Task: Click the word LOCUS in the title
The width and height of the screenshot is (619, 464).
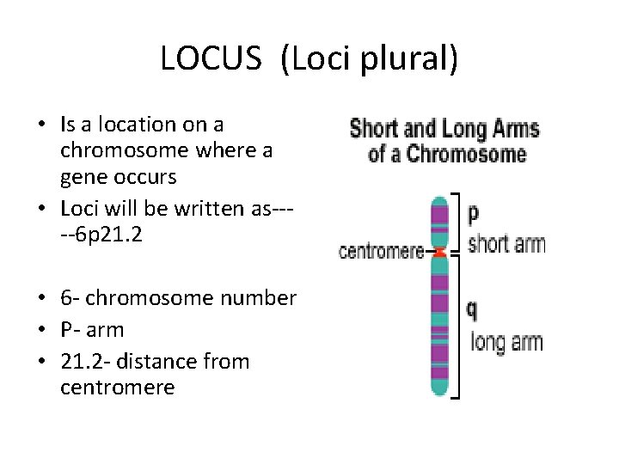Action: [x=210, y=58]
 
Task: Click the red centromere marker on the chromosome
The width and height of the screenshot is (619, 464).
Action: [x=439, y=253]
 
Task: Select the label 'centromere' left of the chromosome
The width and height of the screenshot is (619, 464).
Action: [x=382, y=252]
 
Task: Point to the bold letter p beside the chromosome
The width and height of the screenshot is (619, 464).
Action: [x=473, y=212]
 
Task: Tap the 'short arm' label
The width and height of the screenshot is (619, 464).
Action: [x=506, y=244]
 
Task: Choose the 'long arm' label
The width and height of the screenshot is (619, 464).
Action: [x=507, y=342]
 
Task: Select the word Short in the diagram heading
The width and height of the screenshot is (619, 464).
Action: [x=374, y=130]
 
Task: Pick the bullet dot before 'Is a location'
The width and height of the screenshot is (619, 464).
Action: [x=42, y=125]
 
